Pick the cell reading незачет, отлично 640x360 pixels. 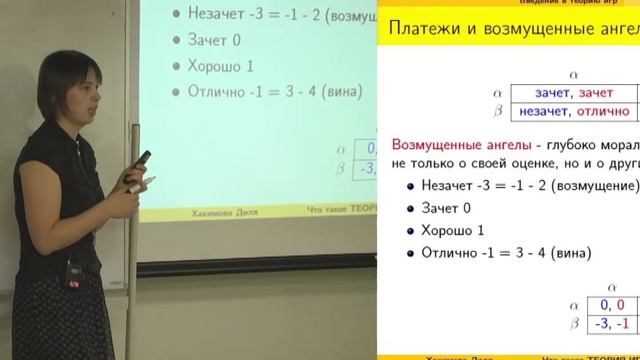click(566, 113)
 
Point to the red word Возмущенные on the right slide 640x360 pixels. click(435, 144)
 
